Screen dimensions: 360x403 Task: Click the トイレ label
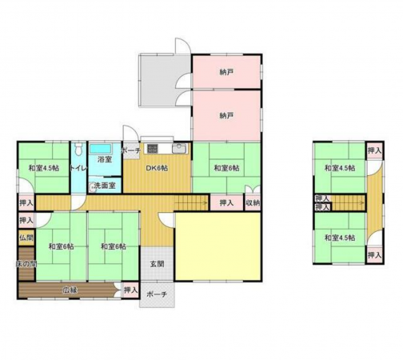coord(78,168)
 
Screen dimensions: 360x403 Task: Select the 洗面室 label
coord(104,186)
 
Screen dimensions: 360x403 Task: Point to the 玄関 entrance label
coord(156,263)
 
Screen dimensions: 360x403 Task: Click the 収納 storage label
coord(253,203)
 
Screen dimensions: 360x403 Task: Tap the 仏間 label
coord(26,238)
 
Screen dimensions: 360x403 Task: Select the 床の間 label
coord(25,263)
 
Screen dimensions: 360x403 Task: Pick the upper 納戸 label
coord(226,72)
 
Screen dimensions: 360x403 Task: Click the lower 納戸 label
coord(226,115)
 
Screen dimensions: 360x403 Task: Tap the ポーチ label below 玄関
coord(157,294)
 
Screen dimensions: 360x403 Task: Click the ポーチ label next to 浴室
coord(131,150)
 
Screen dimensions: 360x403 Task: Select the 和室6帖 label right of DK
coord(226,167)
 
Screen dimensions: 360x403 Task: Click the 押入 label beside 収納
coord(226,203)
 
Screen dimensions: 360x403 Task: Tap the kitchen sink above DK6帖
coord(179,149)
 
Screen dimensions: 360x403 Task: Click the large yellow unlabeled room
coord(218,246)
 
